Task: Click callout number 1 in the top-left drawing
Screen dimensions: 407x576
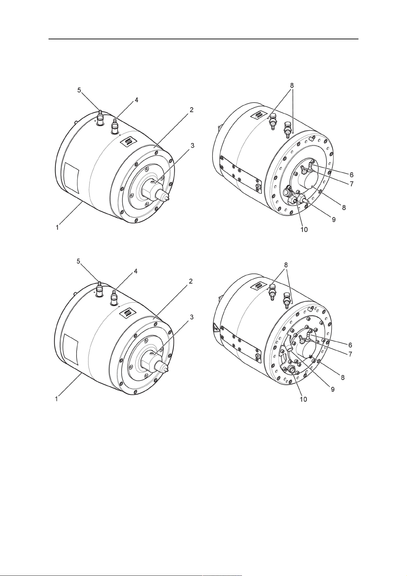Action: tap(57, 227)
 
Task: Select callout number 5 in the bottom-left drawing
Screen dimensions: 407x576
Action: tap(79, 261)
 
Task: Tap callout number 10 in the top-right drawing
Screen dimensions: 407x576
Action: tap(304, 229)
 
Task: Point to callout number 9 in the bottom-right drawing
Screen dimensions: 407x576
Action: tap(332, 389)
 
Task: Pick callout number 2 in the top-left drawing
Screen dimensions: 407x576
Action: tap(192, 110)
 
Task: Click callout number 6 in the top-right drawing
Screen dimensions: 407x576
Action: tap(351, 175)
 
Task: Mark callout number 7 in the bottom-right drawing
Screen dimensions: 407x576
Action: tap(350, 354)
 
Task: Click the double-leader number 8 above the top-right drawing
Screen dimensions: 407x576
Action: tap(292, 84)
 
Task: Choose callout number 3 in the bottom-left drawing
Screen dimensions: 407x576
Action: tap(192, 317)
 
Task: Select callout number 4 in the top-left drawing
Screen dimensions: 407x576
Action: tap(136, 101)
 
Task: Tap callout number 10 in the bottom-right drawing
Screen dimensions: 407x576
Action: tap(303, 399)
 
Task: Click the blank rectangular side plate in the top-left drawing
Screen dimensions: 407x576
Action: tap(71, 178)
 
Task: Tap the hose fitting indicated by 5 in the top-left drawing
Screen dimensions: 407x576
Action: tap(100, 118)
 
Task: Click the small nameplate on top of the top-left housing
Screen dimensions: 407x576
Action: tap(128, 141)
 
